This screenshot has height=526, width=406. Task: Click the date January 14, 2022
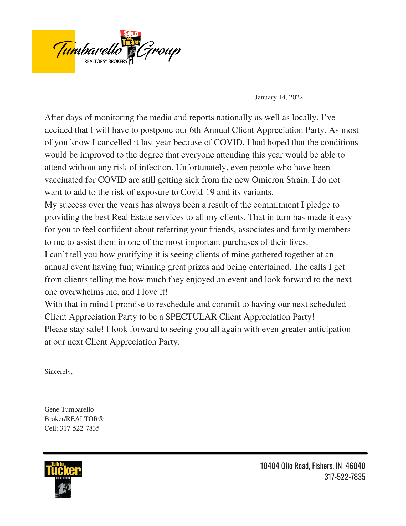coord(279,97)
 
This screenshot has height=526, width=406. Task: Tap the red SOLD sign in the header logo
coord(131,33)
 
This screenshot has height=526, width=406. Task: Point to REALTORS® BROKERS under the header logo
coord(105,62)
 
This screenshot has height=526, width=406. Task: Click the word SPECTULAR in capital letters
coord(191,317)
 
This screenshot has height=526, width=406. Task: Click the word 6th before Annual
coord(195,130)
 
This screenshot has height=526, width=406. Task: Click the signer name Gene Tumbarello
coord(69,409)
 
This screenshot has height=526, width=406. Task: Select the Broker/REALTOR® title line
coord(74,419)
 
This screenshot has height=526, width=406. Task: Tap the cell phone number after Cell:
coord(80,428)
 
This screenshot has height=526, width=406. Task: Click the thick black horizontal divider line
coord(205,453)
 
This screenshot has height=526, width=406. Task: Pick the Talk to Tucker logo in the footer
coord(63,479)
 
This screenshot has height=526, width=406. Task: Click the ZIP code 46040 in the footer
coord(355,466)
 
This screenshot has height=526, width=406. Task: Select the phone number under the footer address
coord(345,477)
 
